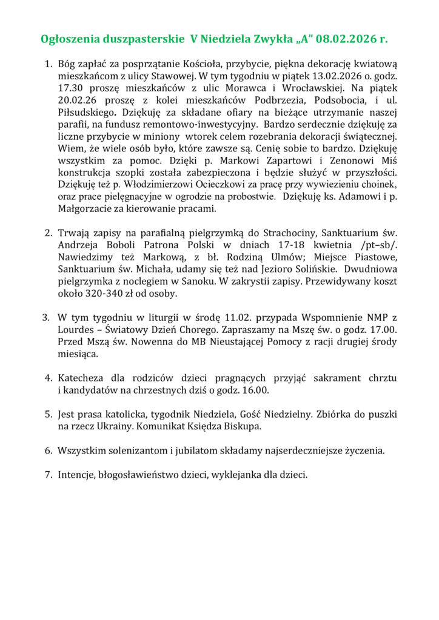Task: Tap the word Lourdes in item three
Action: [76, 330]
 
